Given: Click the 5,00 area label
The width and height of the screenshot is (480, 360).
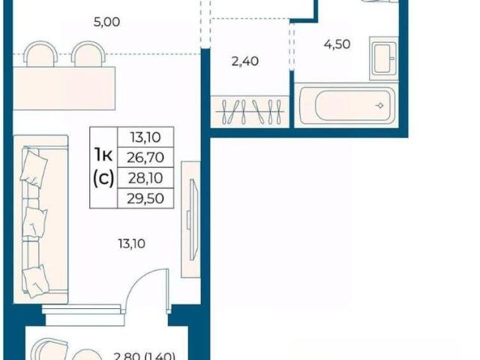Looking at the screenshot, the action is (x=106, y=22).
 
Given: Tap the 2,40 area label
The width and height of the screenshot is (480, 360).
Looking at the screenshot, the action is (x=245, y=61).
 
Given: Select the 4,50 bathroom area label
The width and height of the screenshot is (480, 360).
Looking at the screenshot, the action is (x=337, y=44).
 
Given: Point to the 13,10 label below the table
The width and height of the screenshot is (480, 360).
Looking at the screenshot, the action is (x=132, y=244).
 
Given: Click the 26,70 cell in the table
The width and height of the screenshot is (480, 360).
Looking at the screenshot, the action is (x=145, y=157).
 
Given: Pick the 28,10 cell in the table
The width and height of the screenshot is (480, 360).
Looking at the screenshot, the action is (x=145, y=178).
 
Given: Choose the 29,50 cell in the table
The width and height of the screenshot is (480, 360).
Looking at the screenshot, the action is (x=145, y=198).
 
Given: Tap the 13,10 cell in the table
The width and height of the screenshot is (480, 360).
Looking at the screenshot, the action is (x=145, y=137).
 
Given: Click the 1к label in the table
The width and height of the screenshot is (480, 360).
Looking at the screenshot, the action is (x=103, y=155).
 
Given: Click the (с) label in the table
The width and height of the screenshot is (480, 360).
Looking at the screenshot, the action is (x=103, y=178).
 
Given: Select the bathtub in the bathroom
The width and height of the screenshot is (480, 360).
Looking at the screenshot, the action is (x=346, y=106).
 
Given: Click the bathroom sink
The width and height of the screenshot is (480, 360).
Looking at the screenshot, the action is (x=384, y=58).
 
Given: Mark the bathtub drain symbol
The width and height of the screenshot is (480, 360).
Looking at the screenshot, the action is (x=380, y=106).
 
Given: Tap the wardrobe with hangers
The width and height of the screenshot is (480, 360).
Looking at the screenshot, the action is (x=250, y=112).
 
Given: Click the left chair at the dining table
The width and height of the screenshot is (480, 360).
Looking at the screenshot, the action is (x=40, y=54).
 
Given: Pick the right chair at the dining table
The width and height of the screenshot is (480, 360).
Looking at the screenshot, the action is (x=88, y=54).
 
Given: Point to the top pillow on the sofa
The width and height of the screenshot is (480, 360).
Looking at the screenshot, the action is (x=34, y=167).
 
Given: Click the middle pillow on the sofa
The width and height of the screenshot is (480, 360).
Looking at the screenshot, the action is (x=34, y=222).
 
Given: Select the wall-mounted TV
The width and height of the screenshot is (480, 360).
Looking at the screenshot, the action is (x=192, y=220).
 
